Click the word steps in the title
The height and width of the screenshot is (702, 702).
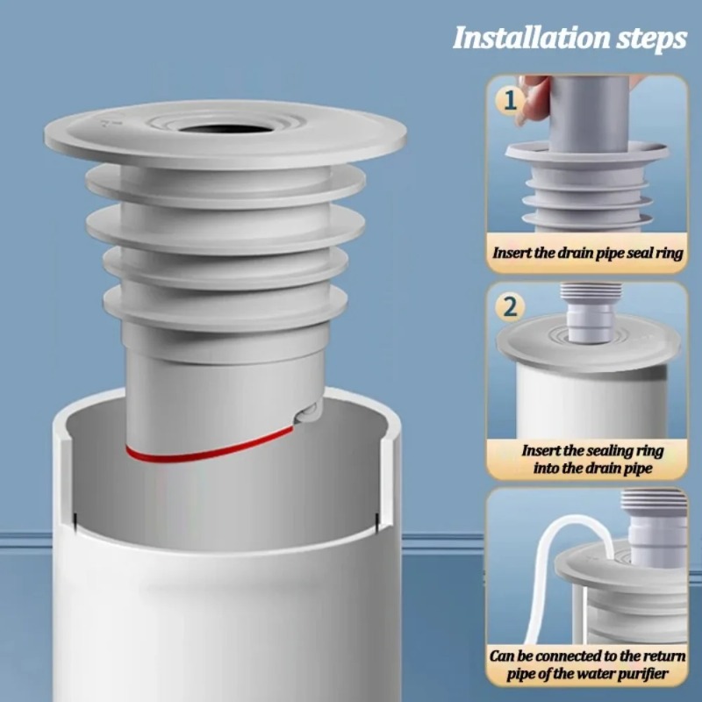tap(648, 39)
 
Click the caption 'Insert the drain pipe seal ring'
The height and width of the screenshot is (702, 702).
tap(587, 253)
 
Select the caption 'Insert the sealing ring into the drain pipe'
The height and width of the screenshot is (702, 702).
tap(587, 459)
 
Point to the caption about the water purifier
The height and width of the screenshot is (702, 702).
tap(587, 666)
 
